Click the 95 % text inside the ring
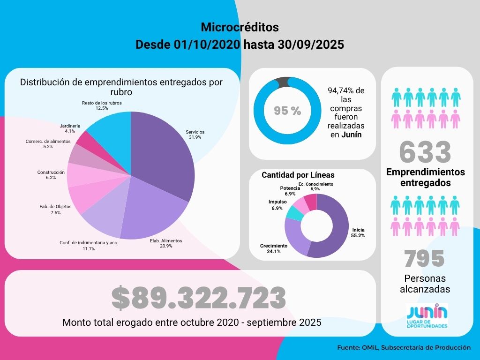tap(287, 111)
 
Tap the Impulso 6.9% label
tap(277, 205)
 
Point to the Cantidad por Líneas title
tap(298, 175)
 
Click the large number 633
tap(425, 152)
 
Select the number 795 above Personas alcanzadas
tap(424, 258)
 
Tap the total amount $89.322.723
tap(199, 298)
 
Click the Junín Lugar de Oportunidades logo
tap(427, 316)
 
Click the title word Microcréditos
tap(240, 26)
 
